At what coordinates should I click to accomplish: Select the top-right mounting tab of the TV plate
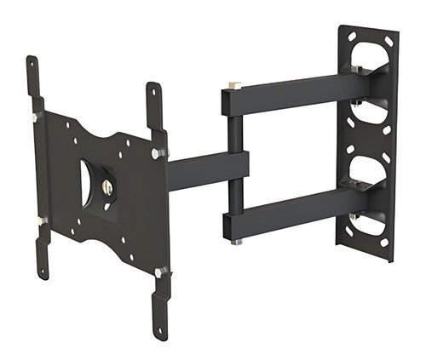(154, 102)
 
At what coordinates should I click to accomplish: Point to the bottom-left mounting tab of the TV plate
(42, 255)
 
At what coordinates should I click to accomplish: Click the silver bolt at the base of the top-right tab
(158, 153)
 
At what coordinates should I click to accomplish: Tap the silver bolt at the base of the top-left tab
(37, 116)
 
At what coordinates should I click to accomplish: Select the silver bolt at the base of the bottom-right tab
(160, 272)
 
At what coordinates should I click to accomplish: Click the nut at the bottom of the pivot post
(236, 242)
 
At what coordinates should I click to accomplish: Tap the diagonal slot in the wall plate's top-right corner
(389, 41)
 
